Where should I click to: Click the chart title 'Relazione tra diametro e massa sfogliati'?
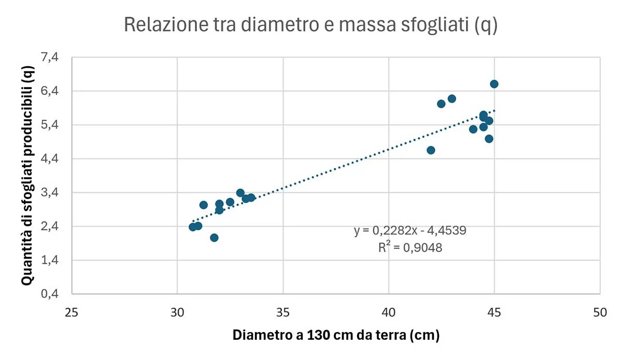[310, 25]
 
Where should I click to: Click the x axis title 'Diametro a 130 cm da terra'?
[336, 335]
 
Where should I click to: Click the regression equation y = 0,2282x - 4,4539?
[410, 231]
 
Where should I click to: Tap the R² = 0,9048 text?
[410, 248]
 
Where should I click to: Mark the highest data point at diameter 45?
[494, 84]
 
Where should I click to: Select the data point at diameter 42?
[431, 150]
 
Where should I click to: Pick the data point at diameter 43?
[451, 98]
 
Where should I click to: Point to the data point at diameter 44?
[473, 129]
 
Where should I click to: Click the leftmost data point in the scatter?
[193, 227]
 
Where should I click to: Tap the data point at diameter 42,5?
[441, 104]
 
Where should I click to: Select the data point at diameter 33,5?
[251, 197]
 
